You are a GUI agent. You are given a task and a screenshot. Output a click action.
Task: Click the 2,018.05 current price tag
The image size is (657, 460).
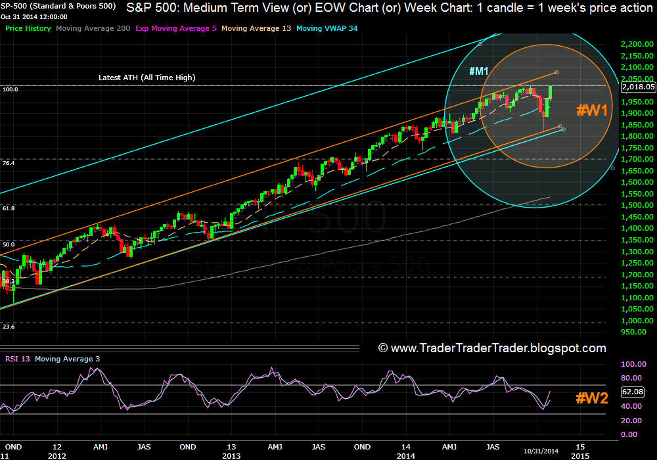pos(638,86)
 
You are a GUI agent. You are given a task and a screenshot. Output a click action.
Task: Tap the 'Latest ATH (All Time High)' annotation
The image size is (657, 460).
pos(147,78)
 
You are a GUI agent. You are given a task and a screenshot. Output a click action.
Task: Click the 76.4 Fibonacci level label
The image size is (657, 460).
pos(9,162)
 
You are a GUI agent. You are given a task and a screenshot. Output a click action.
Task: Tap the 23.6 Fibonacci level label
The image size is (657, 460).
pos(9,326)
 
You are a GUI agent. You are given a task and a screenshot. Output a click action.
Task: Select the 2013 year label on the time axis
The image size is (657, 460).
pos(231,455)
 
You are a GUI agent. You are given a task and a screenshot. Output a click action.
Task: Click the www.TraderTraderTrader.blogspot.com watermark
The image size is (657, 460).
pos(492,348)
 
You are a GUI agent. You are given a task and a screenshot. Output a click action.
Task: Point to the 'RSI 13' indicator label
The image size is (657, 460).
pos(17,359)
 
